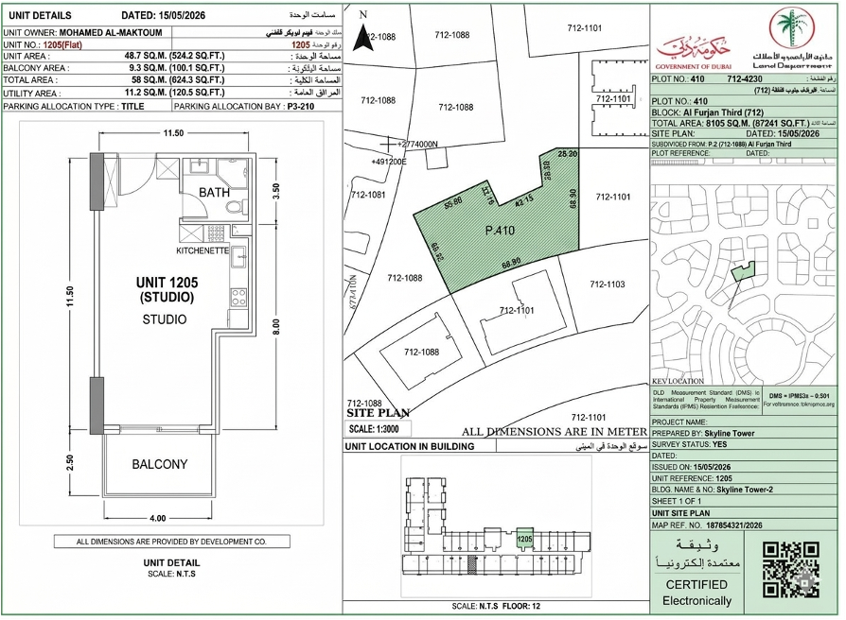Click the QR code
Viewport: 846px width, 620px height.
[790, 568]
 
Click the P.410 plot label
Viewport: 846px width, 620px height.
[499, 230]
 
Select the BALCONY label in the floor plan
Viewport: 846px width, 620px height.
[159, 464]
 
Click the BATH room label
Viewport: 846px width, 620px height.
[214, 192]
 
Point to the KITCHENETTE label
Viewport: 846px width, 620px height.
[203, 252]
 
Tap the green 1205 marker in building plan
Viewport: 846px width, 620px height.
[524, 539]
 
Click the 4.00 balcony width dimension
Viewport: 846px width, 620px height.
[157, 518]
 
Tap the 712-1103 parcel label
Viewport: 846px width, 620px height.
[608, 284]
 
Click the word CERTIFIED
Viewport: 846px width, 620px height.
[696, 585]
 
